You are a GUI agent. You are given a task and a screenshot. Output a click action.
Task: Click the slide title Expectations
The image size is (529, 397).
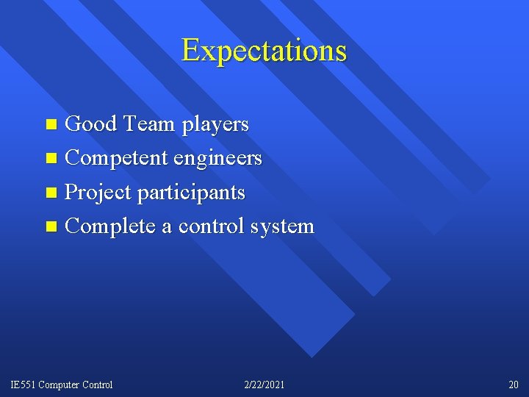pos(264,51)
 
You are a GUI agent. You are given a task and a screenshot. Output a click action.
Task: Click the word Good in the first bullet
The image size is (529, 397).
pos(90,124)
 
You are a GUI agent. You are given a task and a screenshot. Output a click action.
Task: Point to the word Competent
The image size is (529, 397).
pos(117,158)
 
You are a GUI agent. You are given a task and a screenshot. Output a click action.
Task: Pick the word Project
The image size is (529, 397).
pos(98,193)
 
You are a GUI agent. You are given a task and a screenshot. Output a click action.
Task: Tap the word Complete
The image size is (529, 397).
pos(110,226)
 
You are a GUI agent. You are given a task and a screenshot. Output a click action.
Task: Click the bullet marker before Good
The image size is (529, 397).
pos(51,125)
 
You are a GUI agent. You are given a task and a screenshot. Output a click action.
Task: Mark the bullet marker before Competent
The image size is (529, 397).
pos(51,159)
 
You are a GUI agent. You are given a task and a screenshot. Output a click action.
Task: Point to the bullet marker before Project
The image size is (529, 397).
pos(51,193)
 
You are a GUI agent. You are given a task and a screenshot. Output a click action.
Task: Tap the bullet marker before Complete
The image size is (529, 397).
pos(51,226)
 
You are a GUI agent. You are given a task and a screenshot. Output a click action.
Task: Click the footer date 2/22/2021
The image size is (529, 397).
pos(264,385)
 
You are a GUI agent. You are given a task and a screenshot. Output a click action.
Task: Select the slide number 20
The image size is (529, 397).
pos(513,385)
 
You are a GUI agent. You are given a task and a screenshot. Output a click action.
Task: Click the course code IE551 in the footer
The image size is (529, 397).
pos(23,385)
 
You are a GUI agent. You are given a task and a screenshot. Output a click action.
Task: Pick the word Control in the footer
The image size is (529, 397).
pos(99,385)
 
